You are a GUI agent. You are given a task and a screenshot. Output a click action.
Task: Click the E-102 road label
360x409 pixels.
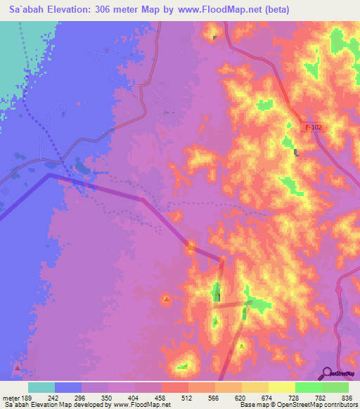tap(315, 127)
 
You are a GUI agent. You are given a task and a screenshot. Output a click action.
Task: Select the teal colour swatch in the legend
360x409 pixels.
tap(41, 388)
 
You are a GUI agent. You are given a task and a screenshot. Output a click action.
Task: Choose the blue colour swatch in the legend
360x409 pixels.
tap(68, 388)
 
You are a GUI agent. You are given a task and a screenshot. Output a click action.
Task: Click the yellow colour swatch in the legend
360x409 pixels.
tap(282, 388)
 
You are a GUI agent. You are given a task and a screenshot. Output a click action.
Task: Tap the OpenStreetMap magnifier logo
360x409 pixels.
tap(327, 373)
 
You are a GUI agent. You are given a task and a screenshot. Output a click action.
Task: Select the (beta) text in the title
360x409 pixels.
tap(269, 9)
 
